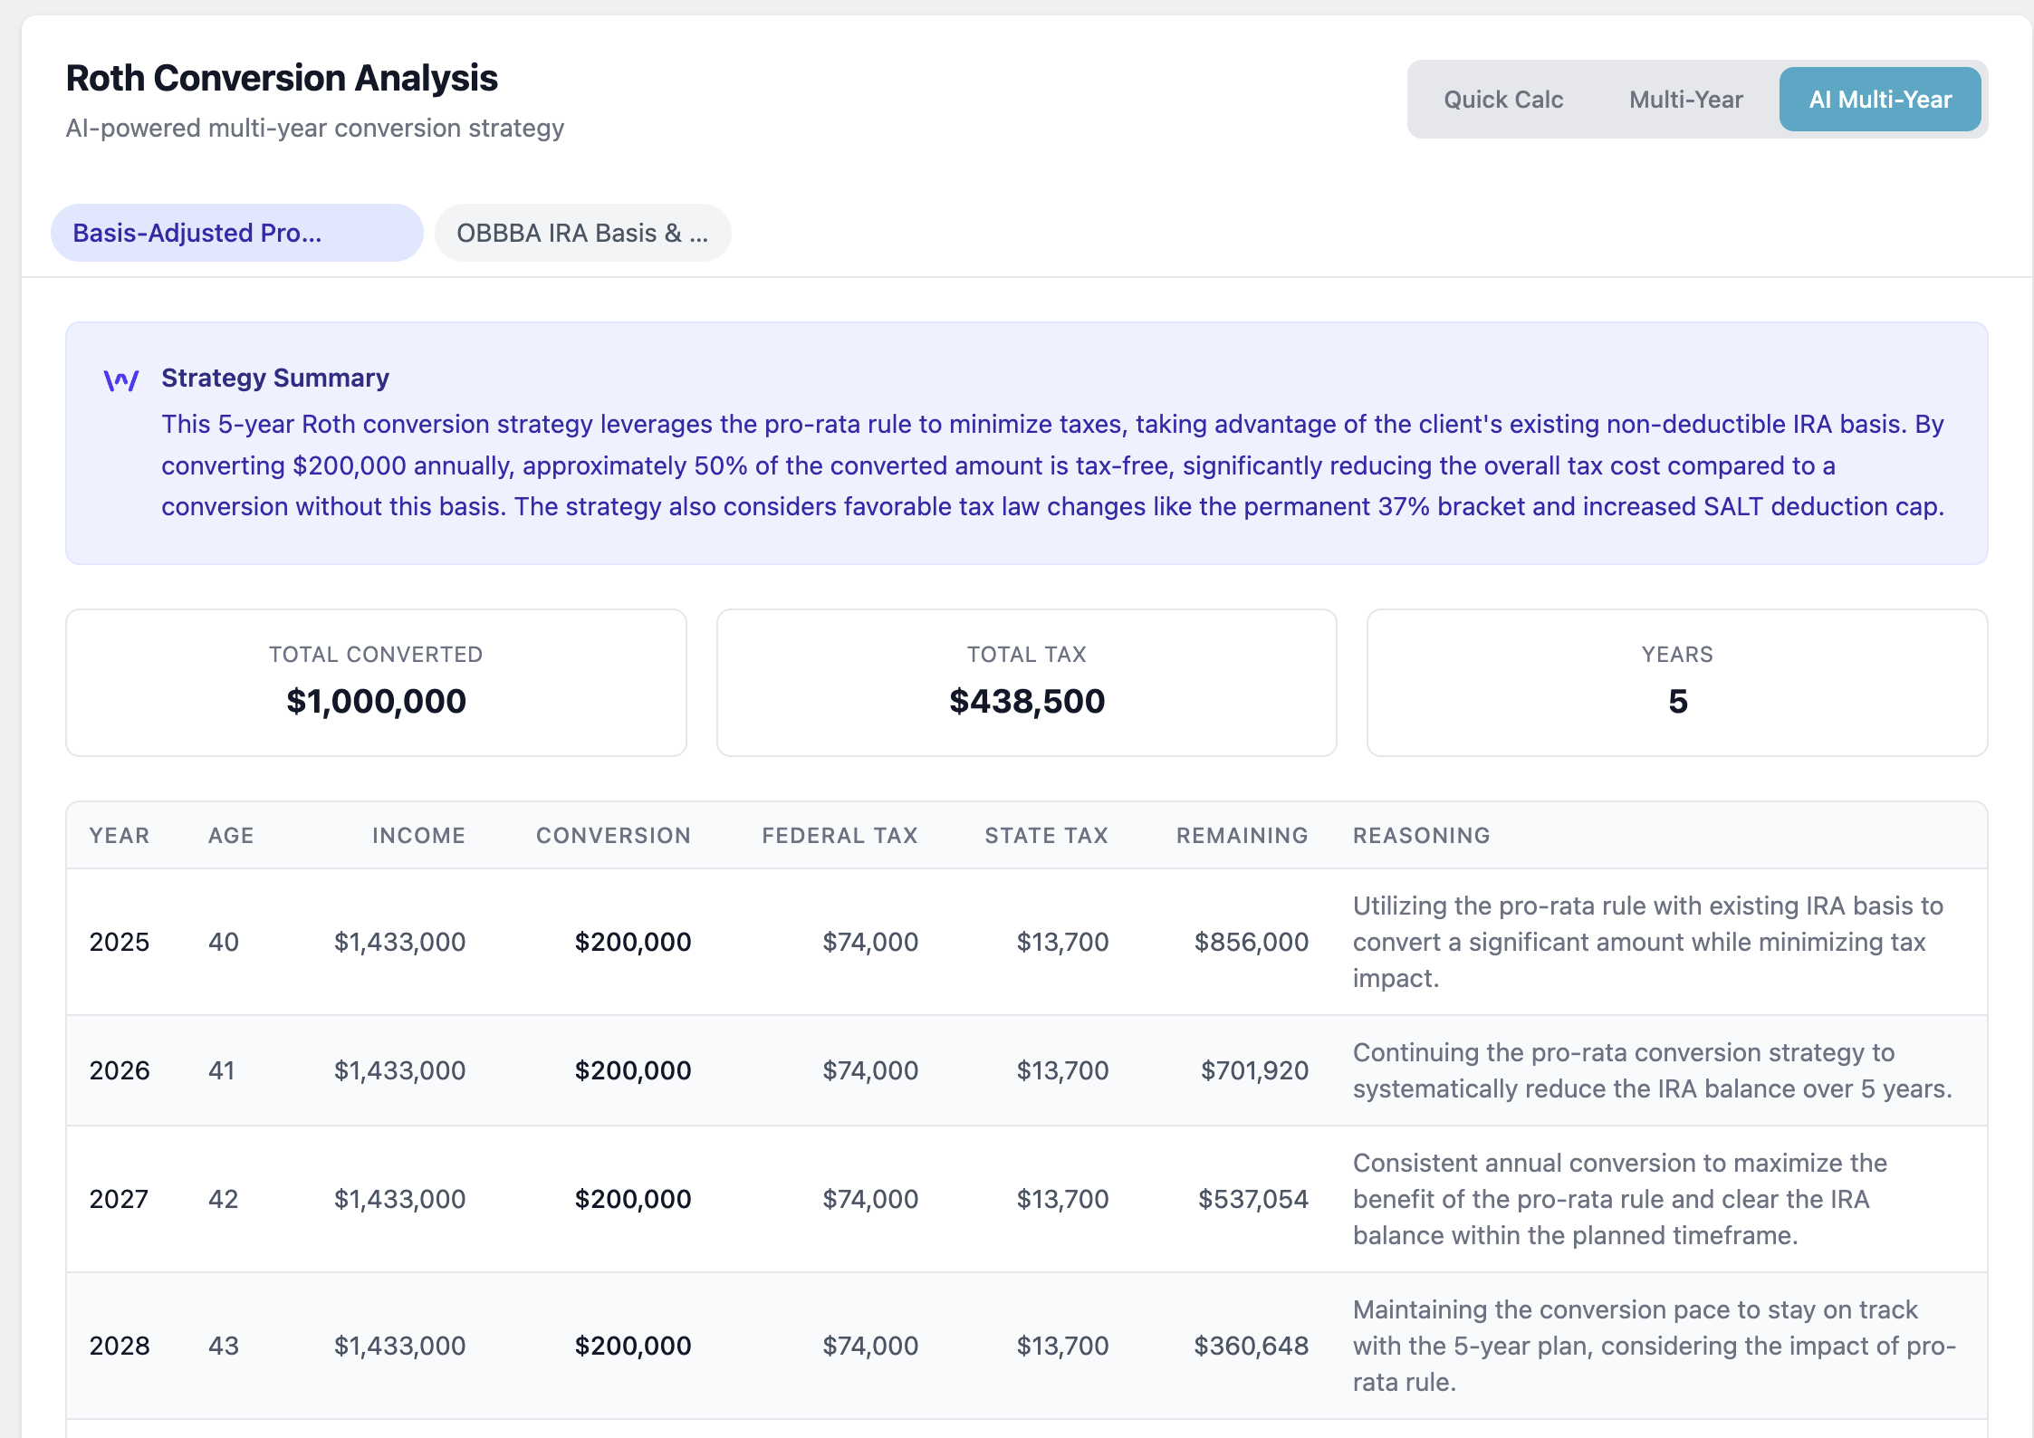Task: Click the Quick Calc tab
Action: coord(1502,100)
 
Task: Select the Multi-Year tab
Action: coord(1685,100)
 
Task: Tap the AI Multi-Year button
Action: coord(1879,100)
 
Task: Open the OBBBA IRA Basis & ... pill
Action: coord(582,233)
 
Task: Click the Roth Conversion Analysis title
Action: coord(282,78)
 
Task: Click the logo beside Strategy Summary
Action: coord(121,380)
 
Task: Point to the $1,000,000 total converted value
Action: coord(376,701)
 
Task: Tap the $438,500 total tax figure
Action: coord(1026,701)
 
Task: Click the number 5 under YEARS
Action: coord(1677,701)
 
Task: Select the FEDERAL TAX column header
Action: coord(840,835)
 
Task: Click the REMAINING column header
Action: coord(1242,835)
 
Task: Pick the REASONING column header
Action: coord(1421,835)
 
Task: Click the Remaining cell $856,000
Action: coord(1251,942)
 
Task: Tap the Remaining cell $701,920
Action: coord(1253,1070)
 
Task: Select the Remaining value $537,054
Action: coord(1252,1199)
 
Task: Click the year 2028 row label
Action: coord(120,1346)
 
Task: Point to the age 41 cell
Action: coord(222,1070)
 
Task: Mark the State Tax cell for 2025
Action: coord(1062,942)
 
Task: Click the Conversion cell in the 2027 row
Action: coord(632,1199)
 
